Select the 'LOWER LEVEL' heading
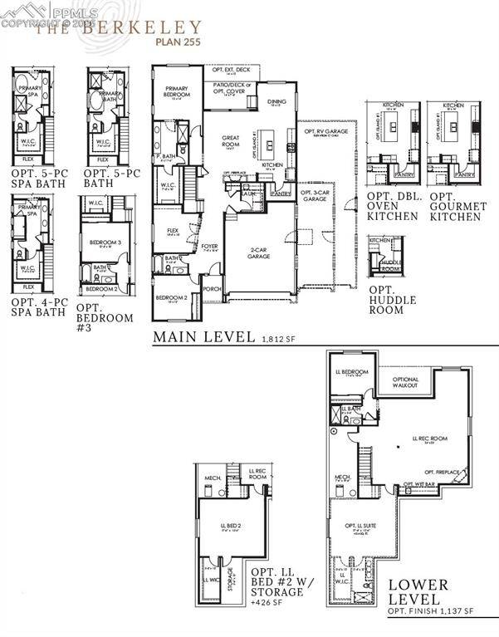pyautogui.click(x=418, y=591)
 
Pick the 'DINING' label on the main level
pyautogui.click(x=276, y=102)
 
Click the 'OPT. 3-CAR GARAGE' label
pyautogui.click(x=314, y=195)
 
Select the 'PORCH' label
pyautogui.click(x=212, y=290)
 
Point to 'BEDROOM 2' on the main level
pyautogui.click(x=169, y=296)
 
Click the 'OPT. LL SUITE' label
pyautogui.click(x=360, y=525)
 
